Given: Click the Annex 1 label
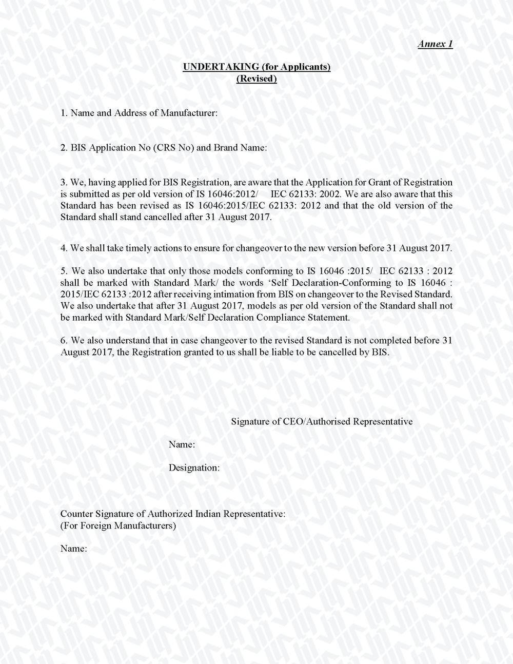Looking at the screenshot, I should (x=435, y=44).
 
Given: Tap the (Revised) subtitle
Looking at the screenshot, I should (x=256, y=79).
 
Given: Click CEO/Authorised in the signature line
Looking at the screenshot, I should (x=313, y=422).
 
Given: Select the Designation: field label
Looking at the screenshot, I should (x=194, y=468).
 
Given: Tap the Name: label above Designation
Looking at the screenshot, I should (x=182, y=445).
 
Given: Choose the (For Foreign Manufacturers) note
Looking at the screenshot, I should (x=118, y=526).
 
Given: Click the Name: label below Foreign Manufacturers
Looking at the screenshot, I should (x=74, y=549).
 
